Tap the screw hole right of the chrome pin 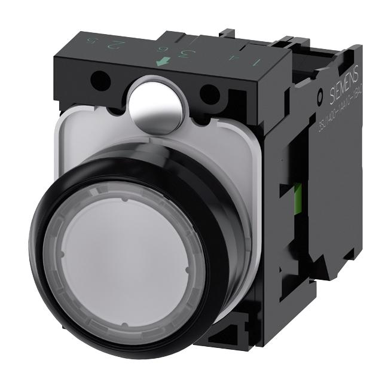point(209,94)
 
